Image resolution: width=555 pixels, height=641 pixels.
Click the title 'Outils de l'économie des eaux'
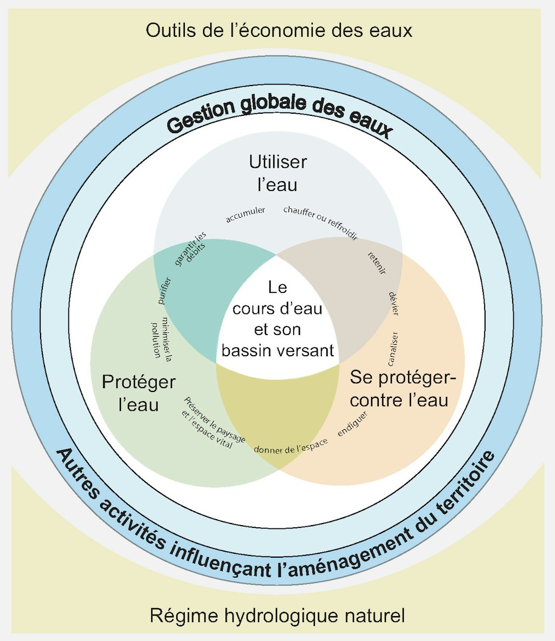click(x=279, y=30)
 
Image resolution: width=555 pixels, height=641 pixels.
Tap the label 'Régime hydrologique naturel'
click(x=277, y=616)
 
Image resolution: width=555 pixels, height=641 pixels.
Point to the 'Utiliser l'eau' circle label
click(x=277, y=173)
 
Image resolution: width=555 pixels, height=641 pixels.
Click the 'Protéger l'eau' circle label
click(x=139, y=393)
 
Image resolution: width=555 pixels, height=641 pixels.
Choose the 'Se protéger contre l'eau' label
click(x=399, y=388)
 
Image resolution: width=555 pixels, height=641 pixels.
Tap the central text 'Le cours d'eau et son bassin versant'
click(x=277, y=319)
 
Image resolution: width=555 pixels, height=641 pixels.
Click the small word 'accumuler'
click(x=246, y=214)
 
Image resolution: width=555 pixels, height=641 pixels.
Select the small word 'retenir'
click(x=376, y=263)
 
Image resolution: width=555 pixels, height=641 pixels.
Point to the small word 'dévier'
click(x=394, y=303)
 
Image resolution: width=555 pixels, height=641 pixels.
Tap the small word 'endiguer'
click(x=352, y=424)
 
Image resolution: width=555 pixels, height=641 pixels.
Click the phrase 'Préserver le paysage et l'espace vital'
click(x=211, y=422)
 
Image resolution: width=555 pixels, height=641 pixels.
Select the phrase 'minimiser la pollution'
click(x=161, y=340)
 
